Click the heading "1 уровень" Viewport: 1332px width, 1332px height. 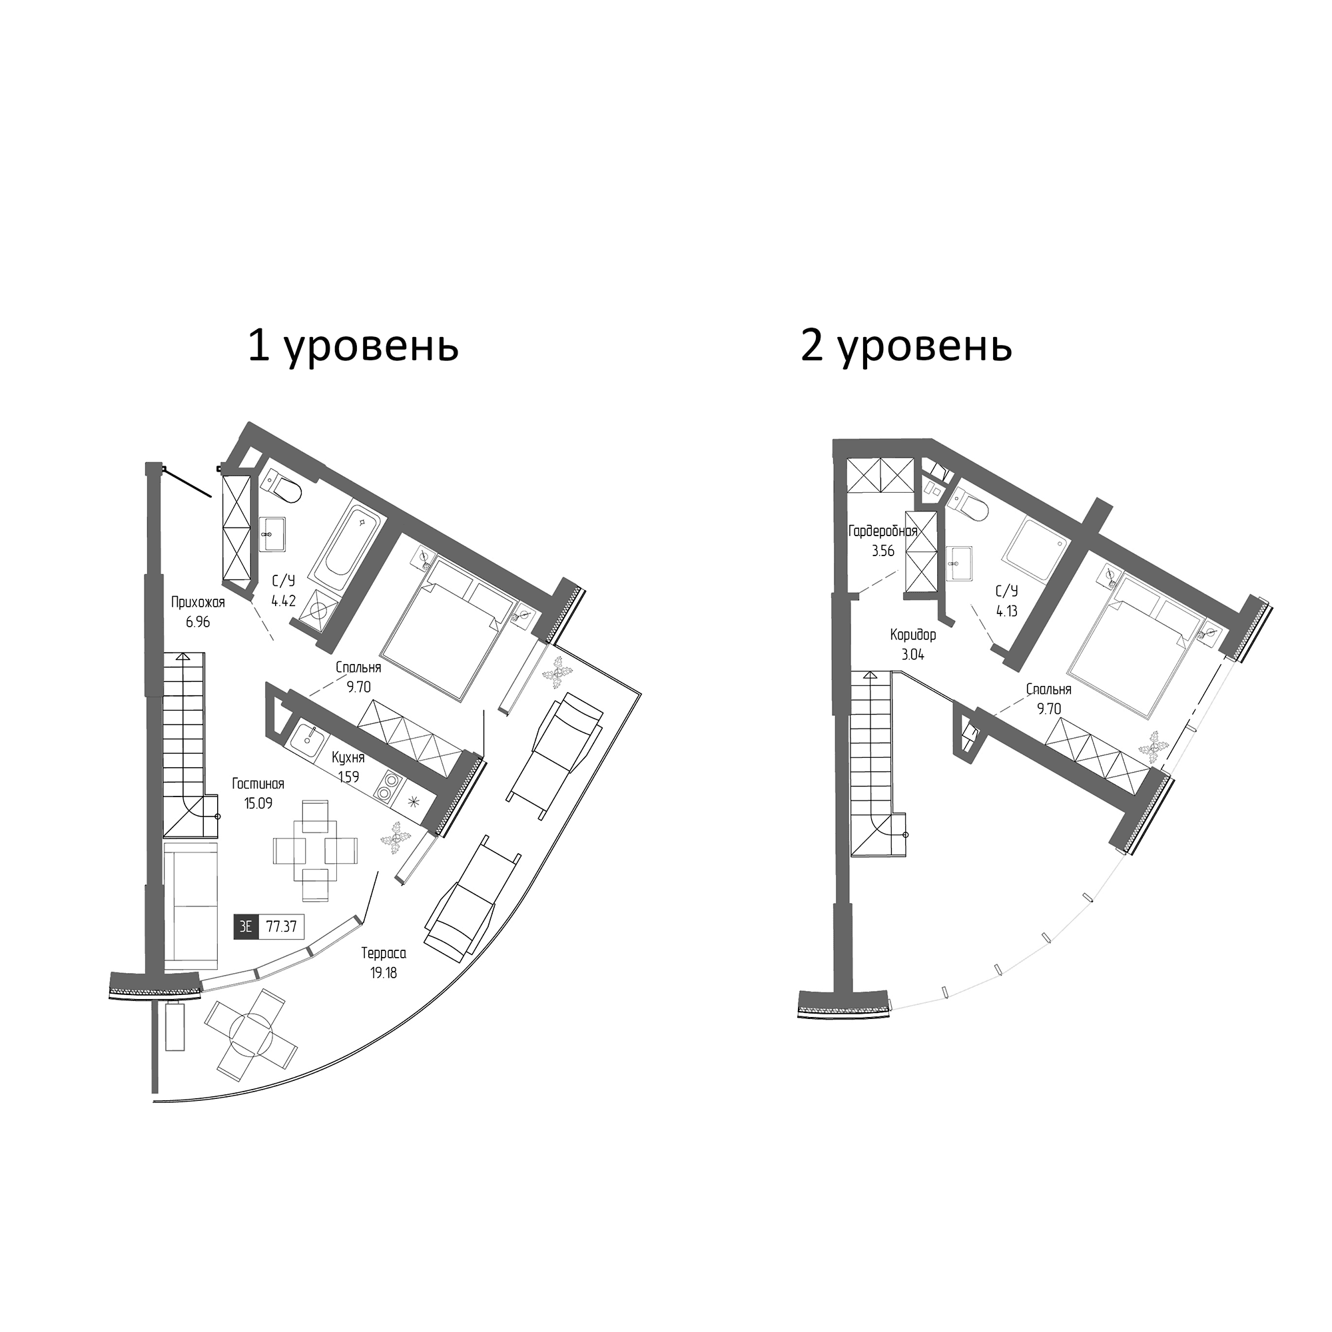(x=352, y=348)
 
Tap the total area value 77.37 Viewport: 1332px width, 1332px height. (x=281, y=926)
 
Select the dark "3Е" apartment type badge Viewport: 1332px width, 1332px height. (x=246, y=926)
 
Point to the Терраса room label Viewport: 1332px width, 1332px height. (x=384, y=954)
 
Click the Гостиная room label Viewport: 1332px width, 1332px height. (x=258, y=784)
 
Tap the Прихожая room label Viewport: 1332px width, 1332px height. (x=198, y=603)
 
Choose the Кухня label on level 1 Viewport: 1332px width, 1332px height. (x=348, y=758)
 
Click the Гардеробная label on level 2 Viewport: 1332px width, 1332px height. (x=882, y=531)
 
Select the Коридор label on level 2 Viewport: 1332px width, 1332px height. (x=913, y=635)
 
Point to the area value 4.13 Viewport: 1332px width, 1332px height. (x=1006, y=610)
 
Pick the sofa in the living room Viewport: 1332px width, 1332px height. (x=191, y=905)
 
